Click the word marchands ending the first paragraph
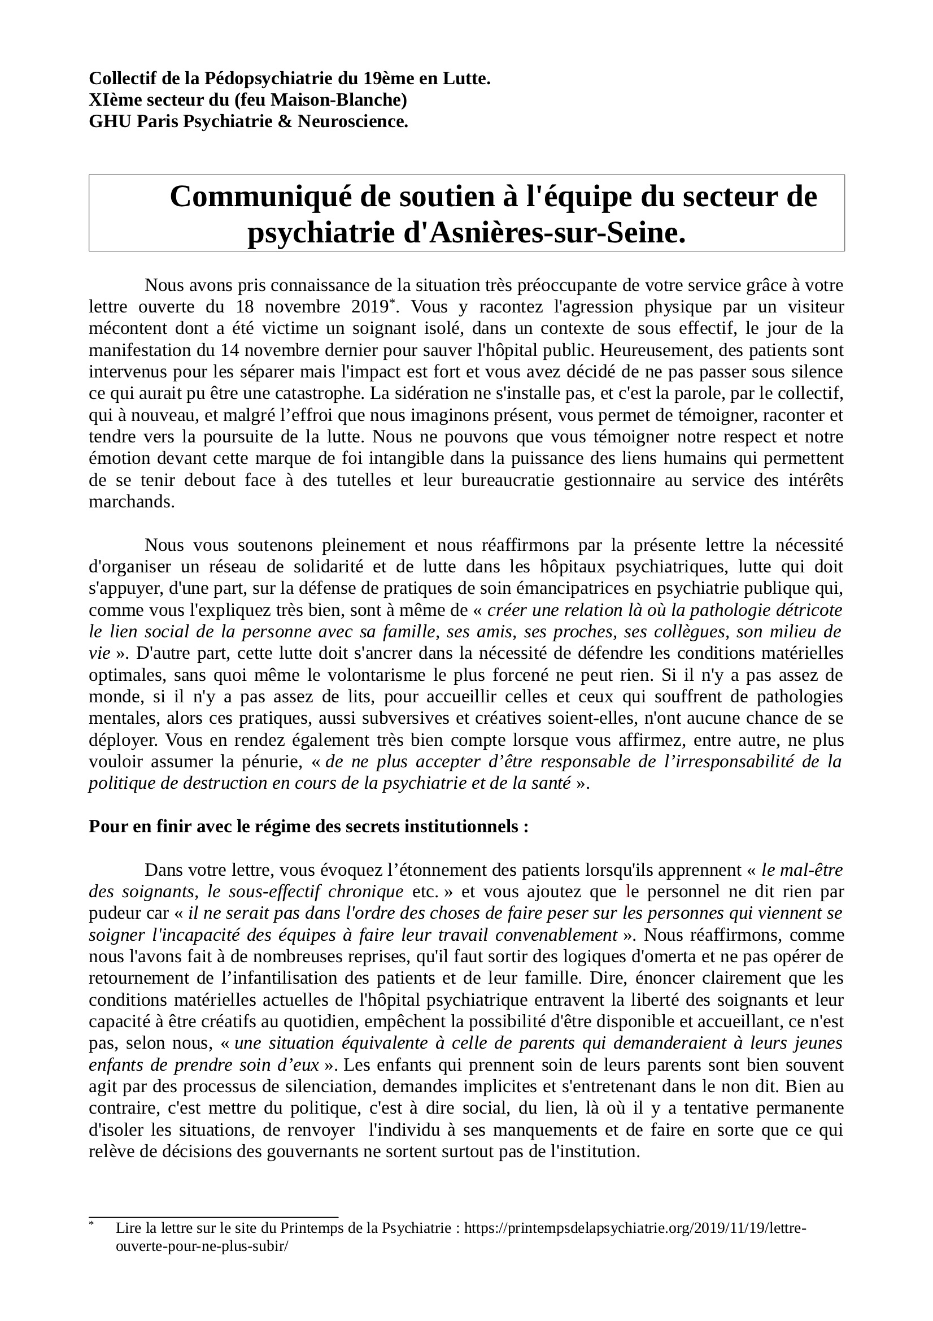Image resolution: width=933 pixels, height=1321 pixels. [x=132, y=502]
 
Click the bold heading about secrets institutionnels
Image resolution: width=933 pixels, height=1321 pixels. [x=308, y=827]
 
